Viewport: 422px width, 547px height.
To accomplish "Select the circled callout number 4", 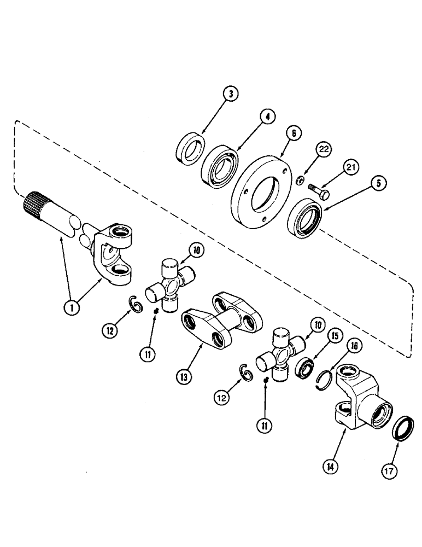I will [x=268, y=117].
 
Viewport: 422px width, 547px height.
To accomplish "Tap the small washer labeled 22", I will [x=300, y=180].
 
